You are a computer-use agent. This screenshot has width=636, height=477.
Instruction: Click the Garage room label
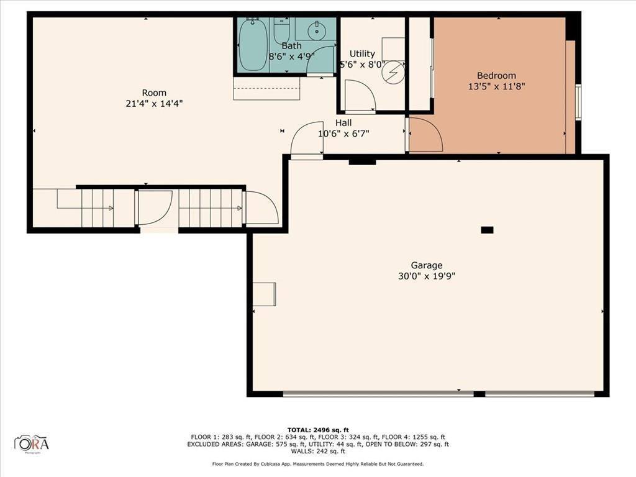426,265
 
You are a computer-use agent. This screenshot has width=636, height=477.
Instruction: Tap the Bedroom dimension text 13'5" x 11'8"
496,87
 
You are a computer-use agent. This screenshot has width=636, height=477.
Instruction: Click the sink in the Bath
317,29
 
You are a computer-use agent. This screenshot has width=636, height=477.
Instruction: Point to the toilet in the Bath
282,30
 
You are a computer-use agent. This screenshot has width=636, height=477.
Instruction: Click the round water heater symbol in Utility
392,74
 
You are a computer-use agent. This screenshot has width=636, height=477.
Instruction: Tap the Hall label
343,123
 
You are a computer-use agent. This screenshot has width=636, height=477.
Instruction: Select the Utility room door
360,98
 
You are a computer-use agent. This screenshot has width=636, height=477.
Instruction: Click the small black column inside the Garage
487,230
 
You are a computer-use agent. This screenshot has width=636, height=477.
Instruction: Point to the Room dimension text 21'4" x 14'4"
154,104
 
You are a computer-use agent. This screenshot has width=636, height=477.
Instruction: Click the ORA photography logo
32,443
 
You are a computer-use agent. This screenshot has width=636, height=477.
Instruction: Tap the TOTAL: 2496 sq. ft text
318,430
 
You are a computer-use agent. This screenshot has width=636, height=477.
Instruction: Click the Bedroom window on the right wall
578,102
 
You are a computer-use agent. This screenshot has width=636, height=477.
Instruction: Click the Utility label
362,54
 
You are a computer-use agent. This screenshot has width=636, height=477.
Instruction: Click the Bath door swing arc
320,60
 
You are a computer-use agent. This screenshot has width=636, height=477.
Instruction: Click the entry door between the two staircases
155,209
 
